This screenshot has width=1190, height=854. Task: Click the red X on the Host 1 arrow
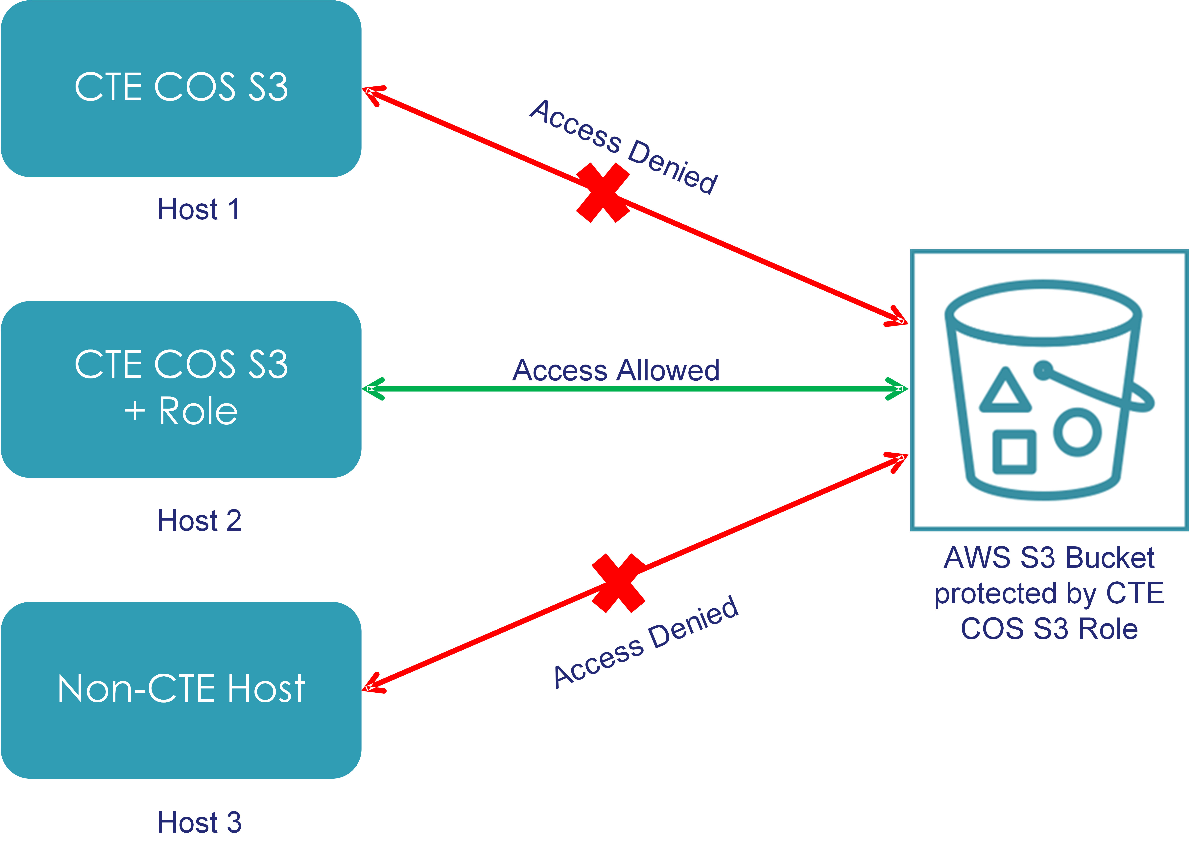[603, 192]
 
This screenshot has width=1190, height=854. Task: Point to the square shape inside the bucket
[1014, 452]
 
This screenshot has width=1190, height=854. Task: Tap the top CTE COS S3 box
[181, 88]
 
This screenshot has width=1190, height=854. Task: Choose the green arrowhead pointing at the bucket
[897, 389]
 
